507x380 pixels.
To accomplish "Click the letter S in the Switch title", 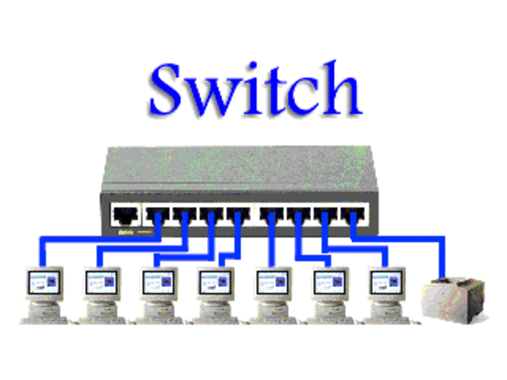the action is coord(166,89).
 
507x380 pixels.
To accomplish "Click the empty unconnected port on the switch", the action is coord(125,214).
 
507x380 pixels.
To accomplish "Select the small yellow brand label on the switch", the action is coord(126,232).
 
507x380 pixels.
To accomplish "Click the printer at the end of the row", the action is coord(454,300).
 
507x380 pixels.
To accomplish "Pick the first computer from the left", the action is coord(44,295).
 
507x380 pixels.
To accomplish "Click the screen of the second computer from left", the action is coord(101,283).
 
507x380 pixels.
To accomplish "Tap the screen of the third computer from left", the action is coord(159,283).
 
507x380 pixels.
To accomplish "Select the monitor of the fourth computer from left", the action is coord(215,284).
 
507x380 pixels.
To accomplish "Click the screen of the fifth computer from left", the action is coord(272,283).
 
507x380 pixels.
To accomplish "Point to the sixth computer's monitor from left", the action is coord(330,284).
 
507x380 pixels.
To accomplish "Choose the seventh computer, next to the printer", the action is coord(386,295).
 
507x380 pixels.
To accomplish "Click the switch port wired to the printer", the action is coord(353,215).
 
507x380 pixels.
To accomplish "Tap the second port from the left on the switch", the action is coord(157,215).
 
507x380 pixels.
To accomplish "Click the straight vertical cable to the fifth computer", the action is coord(271,240).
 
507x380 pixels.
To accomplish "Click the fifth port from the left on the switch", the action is coord(238,215).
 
